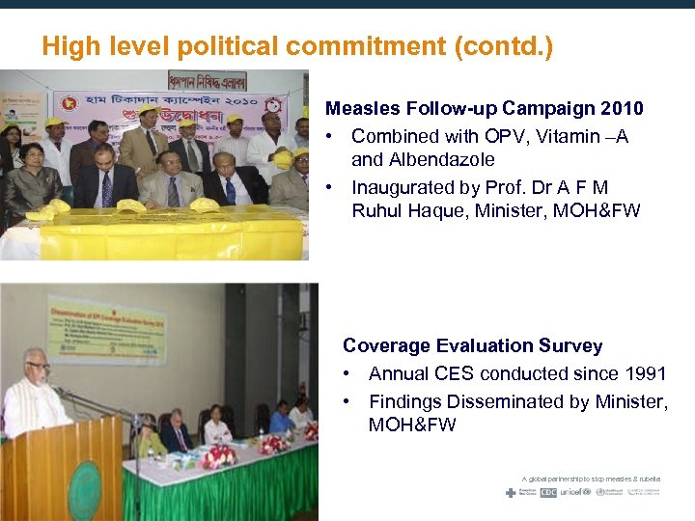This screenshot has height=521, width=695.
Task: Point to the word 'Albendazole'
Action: pos(441,159)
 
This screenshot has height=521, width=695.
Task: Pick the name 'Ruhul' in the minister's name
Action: pos(377,210)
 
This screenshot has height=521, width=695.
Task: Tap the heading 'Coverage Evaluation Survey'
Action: pos(472,345)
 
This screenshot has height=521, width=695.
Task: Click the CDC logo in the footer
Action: pos(548,492)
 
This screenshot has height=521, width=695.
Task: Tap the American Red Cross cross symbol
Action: pos(511,492)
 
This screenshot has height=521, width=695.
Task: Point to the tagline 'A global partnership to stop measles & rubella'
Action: pos(591,479)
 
